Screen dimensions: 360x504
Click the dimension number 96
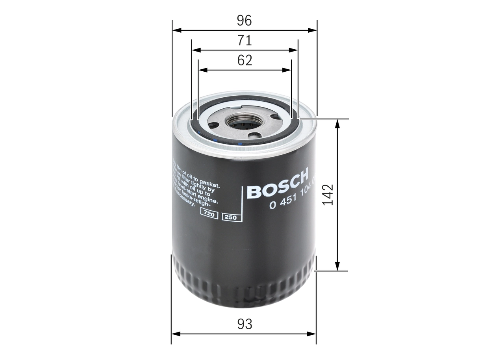(244, 21)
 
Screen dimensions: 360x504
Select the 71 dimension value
(244, 41)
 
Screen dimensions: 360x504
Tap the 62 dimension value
(245, 60)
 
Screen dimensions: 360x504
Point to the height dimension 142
(328, 194)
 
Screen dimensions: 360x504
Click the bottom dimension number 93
(244, 325)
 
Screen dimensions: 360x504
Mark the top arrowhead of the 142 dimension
(337, 123)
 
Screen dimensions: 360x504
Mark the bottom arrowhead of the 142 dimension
(337, 267)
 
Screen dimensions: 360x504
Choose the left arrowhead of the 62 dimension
(203, 70)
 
